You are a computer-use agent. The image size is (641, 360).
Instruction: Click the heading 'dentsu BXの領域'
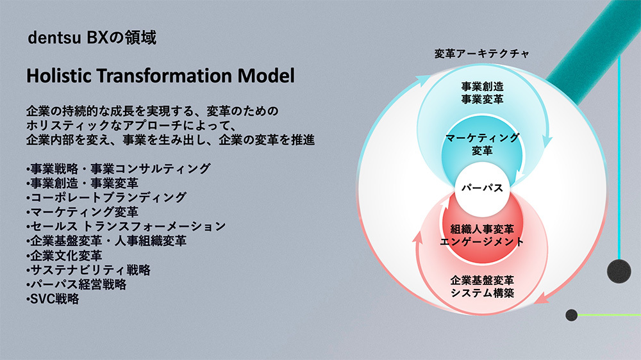tap(92, 38)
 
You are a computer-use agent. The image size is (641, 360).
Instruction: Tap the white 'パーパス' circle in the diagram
tap(483, 189)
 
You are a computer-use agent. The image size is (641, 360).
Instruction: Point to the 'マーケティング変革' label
tap(483, 144)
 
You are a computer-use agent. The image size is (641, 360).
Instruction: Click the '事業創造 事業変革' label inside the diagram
tap(483, 93)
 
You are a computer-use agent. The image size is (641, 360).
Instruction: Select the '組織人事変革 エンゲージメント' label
tap(483, 235)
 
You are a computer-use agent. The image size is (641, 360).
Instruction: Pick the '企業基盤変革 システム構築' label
tap(483, 286)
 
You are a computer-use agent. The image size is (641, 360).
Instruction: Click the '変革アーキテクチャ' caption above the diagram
tap(482, 54)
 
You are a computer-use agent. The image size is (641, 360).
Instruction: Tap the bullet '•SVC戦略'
tap(53, 299)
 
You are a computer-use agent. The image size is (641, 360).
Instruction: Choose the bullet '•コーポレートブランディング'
tap(106, 197)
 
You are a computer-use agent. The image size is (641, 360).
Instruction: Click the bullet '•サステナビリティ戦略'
tap(88, 270)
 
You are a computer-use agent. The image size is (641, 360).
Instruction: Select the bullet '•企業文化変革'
tap(64, 256)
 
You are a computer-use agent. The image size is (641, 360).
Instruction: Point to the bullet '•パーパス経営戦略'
tap(76, 284)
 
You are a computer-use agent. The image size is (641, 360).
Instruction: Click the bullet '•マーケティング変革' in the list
tap(83, 212)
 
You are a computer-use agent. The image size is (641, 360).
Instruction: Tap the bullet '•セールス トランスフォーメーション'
tap(126, 226)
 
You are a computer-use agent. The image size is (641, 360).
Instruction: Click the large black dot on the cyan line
tap(619, 271)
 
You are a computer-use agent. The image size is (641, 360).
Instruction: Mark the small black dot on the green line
tap(572, 315)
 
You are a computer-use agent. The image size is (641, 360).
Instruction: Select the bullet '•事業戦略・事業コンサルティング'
tap(119, 168)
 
